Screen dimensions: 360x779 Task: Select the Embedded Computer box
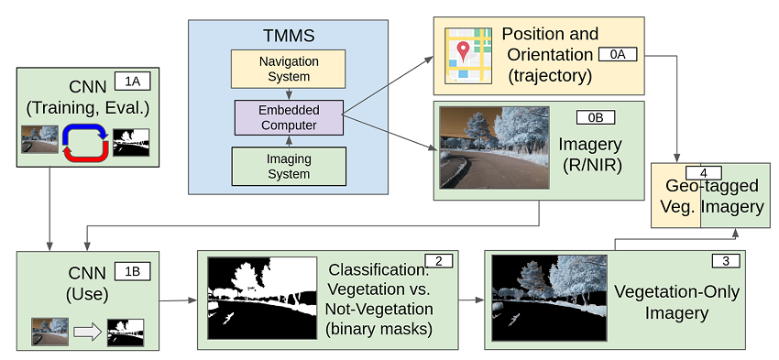pyautogui.click(x=290, y=117)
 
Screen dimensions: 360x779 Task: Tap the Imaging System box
pyautogui.click(x=290, y=166)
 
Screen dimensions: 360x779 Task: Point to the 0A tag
pyautogui.click(x=618, y=56)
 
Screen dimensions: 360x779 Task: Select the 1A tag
pyautogui.click(x=132, y=80)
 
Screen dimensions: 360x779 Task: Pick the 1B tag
pyautogui.click(x=132, y=270)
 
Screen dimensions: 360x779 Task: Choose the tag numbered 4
pyautogui.click(x=704, y=172)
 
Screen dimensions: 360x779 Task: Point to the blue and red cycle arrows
pyautogui.click(x=84, y=141)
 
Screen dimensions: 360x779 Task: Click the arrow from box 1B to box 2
pyautogui.click(x=178, y=300)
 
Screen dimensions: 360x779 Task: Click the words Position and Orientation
pyautogui.click(x=550, y=44)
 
